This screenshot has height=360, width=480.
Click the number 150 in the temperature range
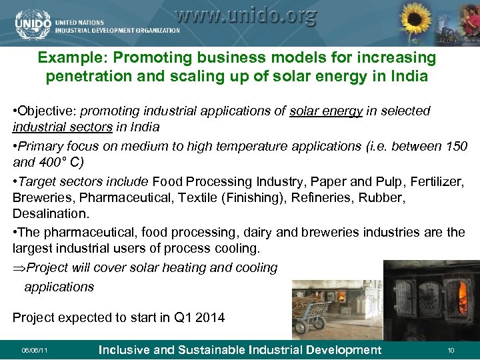coord(455,145)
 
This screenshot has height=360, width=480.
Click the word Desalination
coord(49,215)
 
